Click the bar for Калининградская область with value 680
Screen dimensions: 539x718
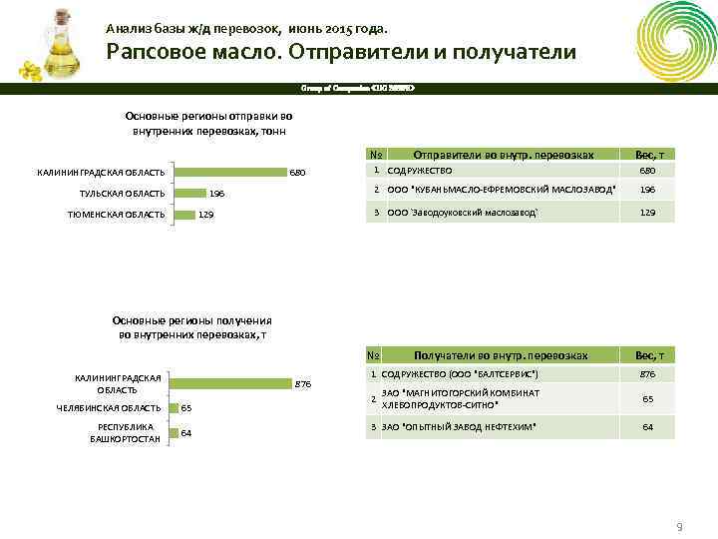[x=228, y=173]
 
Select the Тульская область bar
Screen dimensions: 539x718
[x=188, y=193]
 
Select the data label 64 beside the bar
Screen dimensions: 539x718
[x=186, y=433]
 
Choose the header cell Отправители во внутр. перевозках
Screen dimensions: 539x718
[x=504, y=155]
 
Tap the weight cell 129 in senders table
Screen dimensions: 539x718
[x=647, y=213]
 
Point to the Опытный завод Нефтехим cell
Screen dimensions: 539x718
[x=460, y=427]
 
